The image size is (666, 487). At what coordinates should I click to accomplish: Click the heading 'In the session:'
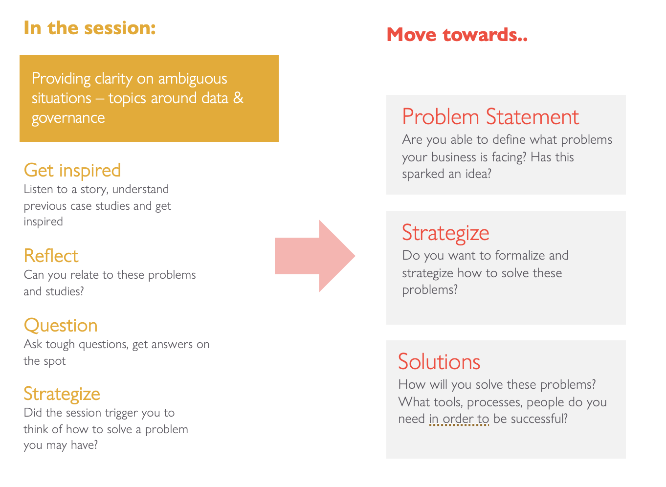pyautogui.click(x=89, y=28)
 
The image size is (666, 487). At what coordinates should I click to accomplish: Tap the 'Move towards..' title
pyautogui.click(x=457, y=35)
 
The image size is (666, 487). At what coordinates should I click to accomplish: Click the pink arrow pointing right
pyautogui.click(x=314, y=256)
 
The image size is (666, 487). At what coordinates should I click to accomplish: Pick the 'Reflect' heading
pyautogui.click(x=51, y=256)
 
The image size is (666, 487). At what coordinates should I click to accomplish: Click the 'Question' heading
pyautogui.click(x=61, y=325)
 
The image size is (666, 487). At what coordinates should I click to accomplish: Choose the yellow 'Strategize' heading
pyautogui.click(x=62, y=395)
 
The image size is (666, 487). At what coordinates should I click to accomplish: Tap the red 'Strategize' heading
pyautogui.click(x=445, y=233)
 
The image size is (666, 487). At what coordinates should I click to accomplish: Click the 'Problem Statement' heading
pyautogui.click(x=490, y=116)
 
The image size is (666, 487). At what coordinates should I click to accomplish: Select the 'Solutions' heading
pyautogui.click(x=439, y=361)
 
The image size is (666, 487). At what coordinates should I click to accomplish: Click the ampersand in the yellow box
pyautogui.click(x=238, y=98)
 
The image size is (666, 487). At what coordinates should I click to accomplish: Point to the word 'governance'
pyautogui.click(x=68, y=118)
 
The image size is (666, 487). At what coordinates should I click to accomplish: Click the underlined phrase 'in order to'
pyautogui.click(x=459, y=419)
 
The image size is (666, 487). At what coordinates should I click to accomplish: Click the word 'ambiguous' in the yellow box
pyautogui.click(x=193, y=79)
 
